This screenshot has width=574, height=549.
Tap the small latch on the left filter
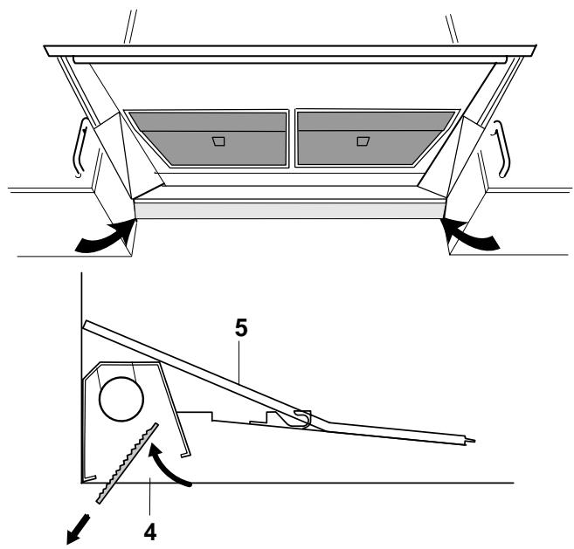(x=219, y=141)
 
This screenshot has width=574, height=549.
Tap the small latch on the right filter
(x=363, y=140)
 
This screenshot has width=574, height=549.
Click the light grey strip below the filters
(x=288, y=210)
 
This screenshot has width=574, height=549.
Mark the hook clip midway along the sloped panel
(x=302, y=417)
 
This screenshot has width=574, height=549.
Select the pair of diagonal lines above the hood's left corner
(x=128, y=22)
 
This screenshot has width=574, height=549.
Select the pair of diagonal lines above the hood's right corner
(x=453, y=22)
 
